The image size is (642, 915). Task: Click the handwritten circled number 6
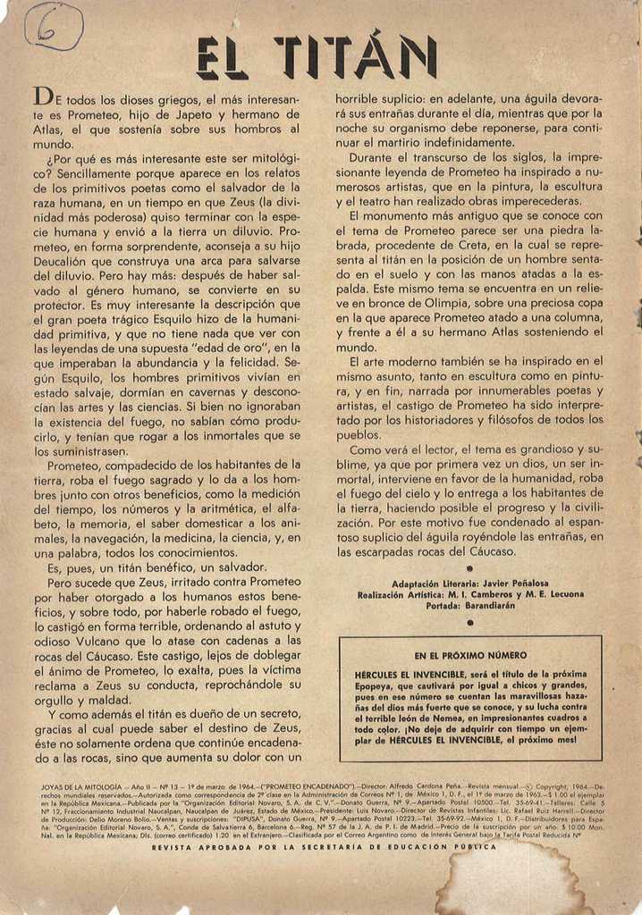[54, 27]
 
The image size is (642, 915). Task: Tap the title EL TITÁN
[317, 57]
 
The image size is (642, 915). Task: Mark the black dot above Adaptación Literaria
[470, 568]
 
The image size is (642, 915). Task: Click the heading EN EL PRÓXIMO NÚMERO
[470, 655]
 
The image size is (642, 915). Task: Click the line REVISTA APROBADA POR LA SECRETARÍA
[324, 846]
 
